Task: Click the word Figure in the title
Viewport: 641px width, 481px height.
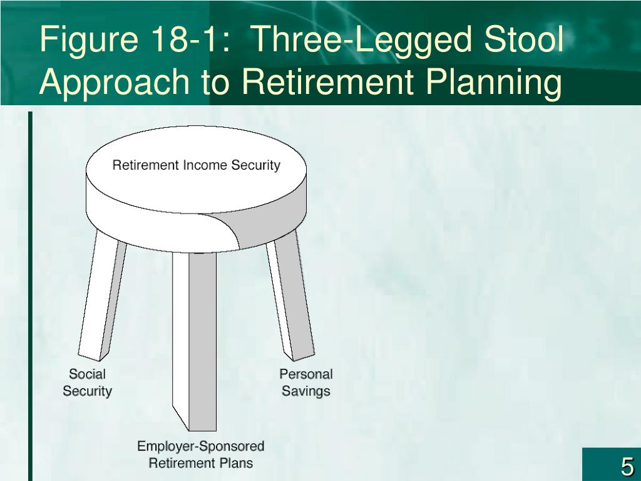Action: point(89,39)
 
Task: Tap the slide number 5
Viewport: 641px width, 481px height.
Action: point(627,467)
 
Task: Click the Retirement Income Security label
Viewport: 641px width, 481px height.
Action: point(196,165)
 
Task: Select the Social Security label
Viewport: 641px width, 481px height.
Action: point(87,383)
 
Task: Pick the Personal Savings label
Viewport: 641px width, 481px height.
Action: point(305,383)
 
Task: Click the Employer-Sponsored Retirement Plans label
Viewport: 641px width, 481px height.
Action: point(201,455)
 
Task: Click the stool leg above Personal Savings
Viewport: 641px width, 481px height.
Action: point(290,299)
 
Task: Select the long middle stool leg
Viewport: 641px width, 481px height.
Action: point(195,341)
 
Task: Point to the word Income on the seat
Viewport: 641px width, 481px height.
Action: point(205,165)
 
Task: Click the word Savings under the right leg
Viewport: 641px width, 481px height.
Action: point(305,391)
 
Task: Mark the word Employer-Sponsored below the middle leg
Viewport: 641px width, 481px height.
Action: point(201,446)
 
